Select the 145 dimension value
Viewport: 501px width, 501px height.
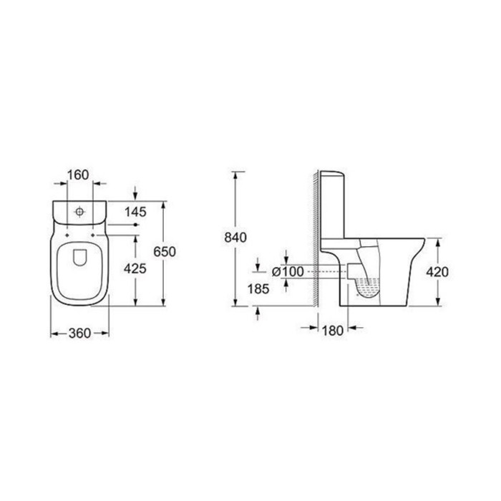pos(135,211)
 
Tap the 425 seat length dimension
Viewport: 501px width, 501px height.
pos(135,268)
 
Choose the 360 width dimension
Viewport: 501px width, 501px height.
pos(79,334)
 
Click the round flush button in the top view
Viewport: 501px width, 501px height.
pos(79,212)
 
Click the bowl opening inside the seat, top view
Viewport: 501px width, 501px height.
pos(79,265)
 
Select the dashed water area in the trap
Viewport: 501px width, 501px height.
pos(368,290)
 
